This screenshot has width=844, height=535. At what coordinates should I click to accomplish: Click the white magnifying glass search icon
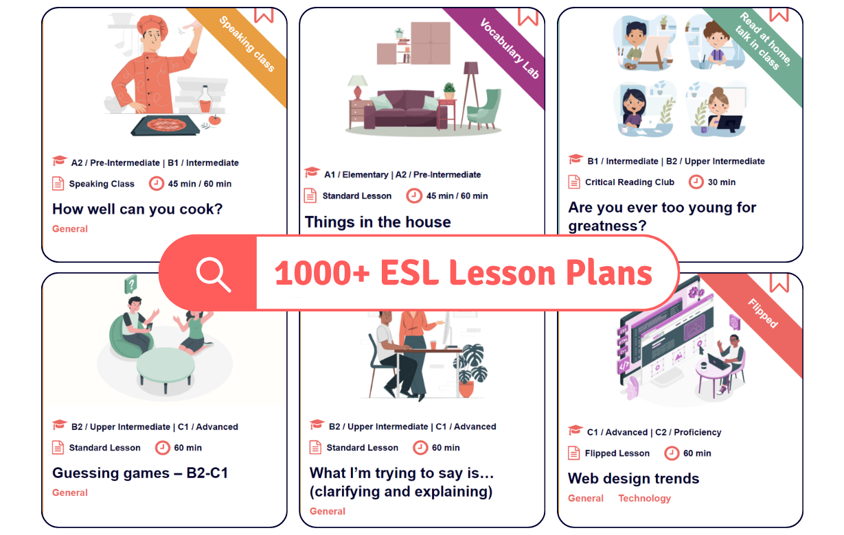[213, 274]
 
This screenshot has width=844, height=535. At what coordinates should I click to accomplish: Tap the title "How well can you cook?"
[137, 209]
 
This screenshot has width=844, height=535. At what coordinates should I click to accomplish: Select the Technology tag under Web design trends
[644, 498]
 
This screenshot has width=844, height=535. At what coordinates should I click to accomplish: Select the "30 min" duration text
[722, 182]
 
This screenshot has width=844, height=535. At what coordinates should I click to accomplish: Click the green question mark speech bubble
[130, 284]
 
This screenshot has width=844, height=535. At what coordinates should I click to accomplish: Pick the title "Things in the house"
[378, 222]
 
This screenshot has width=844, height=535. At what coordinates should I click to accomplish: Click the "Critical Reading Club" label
[629, 182]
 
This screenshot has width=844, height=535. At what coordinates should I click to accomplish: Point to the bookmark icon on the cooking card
[264, 15]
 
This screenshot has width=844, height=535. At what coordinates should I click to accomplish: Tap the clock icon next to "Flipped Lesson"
[672, 453]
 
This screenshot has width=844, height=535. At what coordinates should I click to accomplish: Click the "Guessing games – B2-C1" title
[140, 473]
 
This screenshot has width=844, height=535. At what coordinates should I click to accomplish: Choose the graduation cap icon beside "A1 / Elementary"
[312, 173]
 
